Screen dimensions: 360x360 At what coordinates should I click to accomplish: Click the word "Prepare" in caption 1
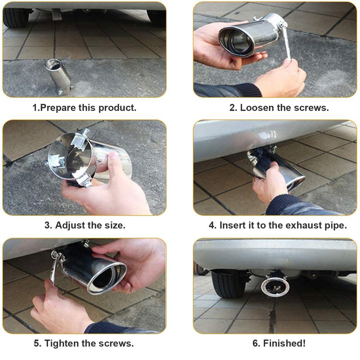(58, 108)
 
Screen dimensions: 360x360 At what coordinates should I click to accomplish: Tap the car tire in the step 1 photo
(15, 17)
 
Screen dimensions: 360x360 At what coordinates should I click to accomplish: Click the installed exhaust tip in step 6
(275, 286)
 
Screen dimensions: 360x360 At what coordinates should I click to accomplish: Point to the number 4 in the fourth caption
(211, 225)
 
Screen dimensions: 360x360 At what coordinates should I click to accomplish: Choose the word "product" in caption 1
(117, 108)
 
